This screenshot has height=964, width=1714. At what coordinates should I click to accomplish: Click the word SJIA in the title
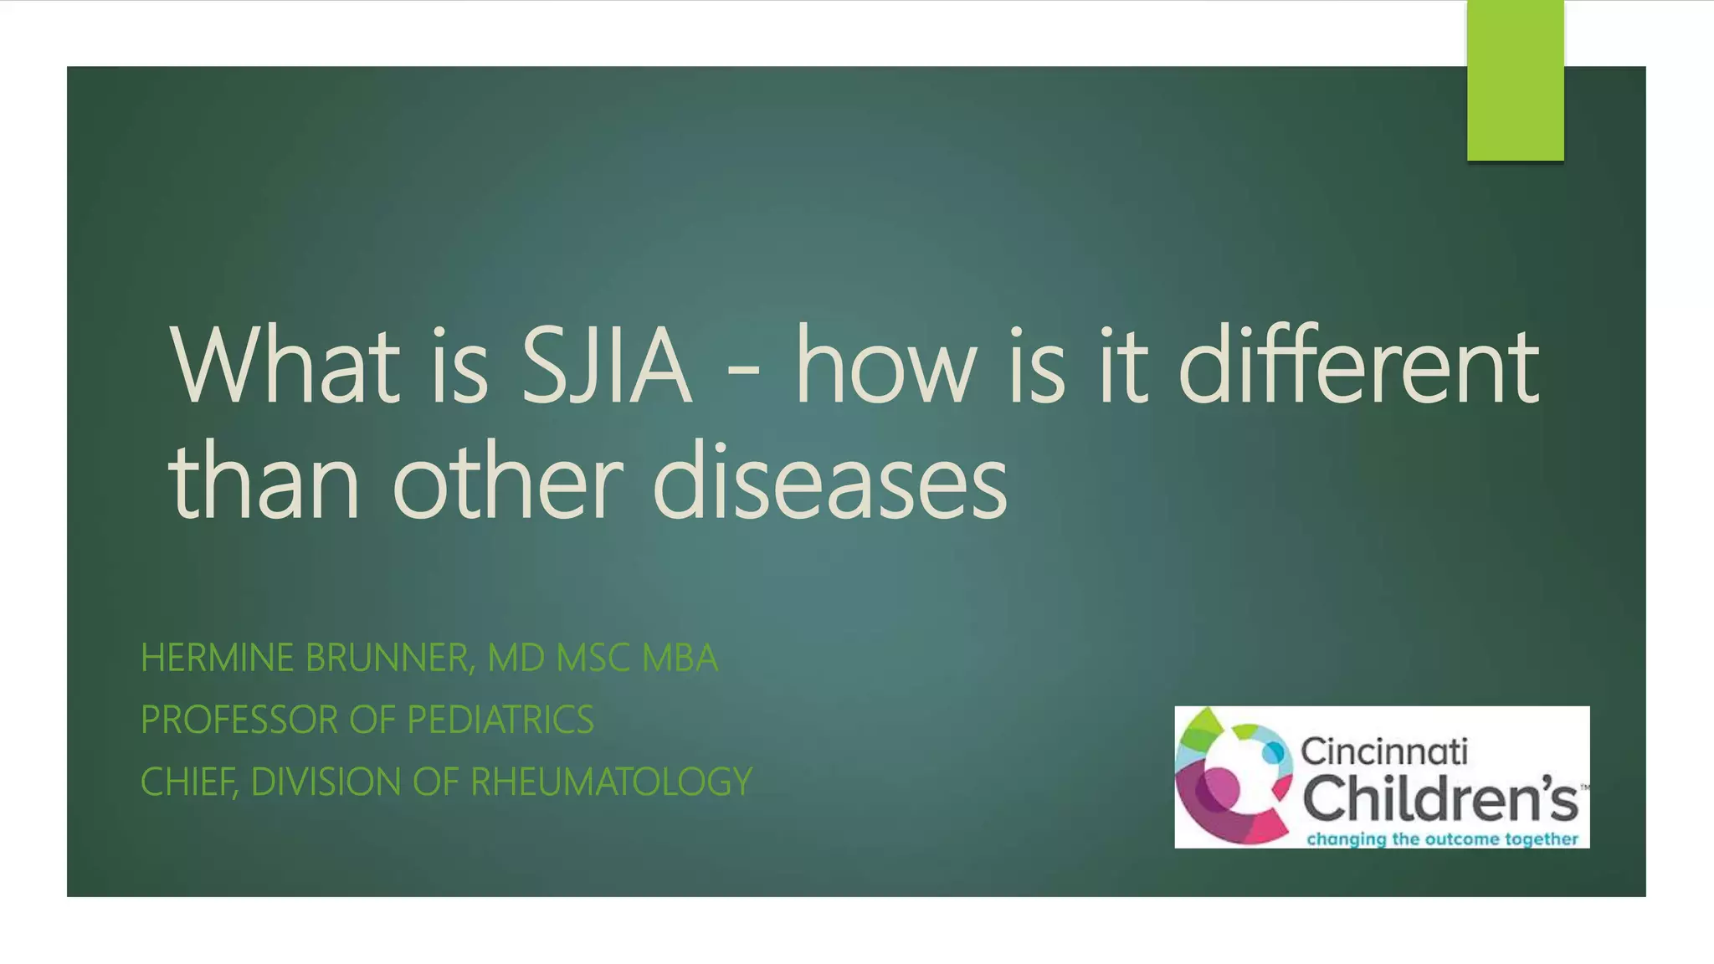[605, 367]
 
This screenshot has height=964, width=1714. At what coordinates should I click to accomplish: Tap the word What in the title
[285, 367]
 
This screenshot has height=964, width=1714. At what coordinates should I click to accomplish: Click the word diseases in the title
[829, 484]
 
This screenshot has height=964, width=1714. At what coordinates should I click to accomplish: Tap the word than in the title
[264, 484]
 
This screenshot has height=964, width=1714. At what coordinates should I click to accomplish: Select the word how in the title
[886, 367]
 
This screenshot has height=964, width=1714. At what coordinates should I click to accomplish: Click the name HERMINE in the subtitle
[217, 658]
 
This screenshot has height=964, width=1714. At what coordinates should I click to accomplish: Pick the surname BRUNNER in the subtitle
[390, 658]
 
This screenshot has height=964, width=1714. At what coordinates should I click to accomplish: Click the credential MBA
[680, 658]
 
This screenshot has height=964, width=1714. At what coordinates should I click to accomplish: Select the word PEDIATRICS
[500, 720]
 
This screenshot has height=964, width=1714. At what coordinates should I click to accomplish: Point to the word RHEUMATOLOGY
[611, 782]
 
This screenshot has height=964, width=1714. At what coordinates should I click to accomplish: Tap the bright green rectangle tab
[1515, 80]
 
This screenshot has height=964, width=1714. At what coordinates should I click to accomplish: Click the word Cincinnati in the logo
[1383, 751]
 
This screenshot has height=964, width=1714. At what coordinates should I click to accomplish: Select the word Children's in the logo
[1439, 797]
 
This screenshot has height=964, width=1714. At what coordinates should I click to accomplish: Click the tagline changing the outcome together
[1442, 838]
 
